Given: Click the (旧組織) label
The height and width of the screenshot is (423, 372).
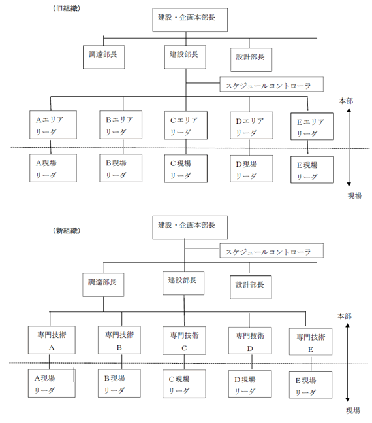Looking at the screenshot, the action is (x=67, y=8).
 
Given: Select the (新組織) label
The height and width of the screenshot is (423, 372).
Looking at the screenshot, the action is (x=67, y=231).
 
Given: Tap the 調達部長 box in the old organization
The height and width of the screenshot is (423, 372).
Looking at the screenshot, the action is (x=104, y=57).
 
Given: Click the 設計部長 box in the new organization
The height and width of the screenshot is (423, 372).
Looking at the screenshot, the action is (x=251, y=287).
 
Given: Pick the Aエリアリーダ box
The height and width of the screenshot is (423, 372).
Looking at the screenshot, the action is (x=53, y=125).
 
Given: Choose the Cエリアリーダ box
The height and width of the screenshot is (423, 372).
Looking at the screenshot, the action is (x=186, y=126).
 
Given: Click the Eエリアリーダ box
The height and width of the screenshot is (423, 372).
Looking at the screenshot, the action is (x=312, y=127).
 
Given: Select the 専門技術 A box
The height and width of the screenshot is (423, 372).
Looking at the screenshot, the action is (x=52, y=340).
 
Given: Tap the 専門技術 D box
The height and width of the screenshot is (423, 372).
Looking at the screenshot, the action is (x=250, y=341).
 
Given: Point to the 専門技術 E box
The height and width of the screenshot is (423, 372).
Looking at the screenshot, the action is (x=311, y=341).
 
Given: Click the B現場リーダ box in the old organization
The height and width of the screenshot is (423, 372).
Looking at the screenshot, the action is (x=121, y=168).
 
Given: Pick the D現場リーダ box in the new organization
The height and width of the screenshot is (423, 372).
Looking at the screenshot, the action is (x=250, y=384).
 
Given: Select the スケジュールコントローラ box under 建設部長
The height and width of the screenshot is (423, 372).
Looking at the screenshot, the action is (x=271, y=84).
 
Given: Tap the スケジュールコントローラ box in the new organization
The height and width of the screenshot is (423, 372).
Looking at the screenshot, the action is (x=271, y=250).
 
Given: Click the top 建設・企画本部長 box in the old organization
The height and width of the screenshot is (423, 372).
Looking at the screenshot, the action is (x=190, y=20).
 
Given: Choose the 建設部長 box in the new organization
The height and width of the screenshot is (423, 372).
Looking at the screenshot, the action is (x=183, y=283).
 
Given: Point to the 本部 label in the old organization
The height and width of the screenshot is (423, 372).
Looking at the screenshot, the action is (x=346, y=101).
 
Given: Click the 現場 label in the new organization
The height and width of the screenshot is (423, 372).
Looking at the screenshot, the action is (x=353, y=411).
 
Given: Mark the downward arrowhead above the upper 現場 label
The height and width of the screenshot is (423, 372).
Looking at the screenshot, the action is (x=349, y=184).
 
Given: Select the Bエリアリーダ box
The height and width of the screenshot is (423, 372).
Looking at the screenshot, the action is (x=121, y=125).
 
